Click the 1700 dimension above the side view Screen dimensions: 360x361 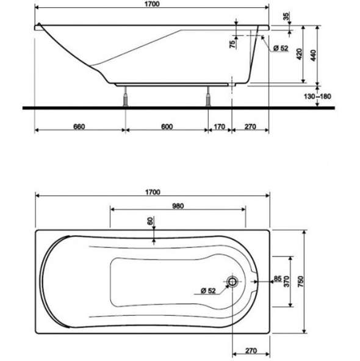(x=152, y=4)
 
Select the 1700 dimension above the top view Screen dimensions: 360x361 (x=153, y=192)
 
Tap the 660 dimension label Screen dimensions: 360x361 (x=79, y=126)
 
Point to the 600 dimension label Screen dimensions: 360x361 (x=167, y=126)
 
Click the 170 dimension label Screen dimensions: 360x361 (x=220, y=126)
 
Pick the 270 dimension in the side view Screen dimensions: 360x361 (x=250, y=126)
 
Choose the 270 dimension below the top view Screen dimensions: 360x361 (x=251, y=351)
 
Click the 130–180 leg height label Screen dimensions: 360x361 (x=317, y=97)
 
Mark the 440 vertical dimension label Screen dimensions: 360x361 (x=313, y=56)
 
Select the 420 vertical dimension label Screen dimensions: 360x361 (x=299, y=54)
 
